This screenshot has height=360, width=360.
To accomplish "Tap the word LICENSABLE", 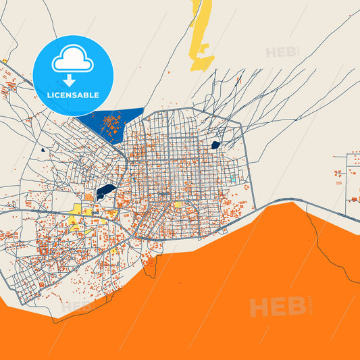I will coord(73,95).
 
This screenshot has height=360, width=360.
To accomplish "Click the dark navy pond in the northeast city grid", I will coord(215,145).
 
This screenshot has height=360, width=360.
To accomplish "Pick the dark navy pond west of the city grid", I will coord(105,191).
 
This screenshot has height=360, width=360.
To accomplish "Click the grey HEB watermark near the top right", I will coord(282,52).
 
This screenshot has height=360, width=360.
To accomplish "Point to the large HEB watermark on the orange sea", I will coord(277,307).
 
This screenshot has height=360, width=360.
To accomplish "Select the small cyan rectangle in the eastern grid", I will coord(232,179).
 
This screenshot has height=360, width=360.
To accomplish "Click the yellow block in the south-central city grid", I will coord(178,205).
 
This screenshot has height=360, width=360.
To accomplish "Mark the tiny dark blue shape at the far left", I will coord(42,149).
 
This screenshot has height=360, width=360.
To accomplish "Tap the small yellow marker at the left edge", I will coord(4,61).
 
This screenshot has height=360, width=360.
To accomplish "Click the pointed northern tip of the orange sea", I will coord(290,203).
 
